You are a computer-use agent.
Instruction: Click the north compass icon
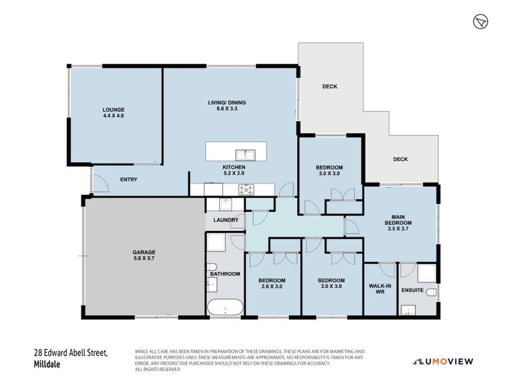[x=481, y=22]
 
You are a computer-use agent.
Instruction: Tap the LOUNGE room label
[x=113, y=110]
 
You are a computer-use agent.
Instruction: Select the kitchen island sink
[x=245, y=155]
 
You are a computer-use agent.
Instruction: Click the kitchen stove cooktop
[x=245, y=189]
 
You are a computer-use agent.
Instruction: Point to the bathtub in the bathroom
[x=225, y=307]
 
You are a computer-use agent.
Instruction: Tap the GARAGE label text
[x=144, y=252]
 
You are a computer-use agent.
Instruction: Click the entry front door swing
[x=100, y=184]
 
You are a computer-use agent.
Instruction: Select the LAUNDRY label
[x=226, y=220]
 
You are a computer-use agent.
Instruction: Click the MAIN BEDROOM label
[x=398, y=220]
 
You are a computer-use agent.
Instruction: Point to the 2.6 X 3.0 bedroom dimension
[x=272, y=286]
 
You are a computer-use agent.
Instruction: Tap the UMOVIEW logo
[x=444, y=361]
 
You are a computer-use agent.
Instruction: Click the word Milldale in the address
[x=47, y=364]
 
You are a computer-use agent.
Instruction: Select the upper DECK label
[x=329, y=87]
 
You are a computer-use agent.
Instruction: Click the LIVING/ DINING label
[x=227, y=103]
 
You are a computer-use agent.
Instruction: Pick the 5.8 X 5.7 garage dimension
[x=144, y=259]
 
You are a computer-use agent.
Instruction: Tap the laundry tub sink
[x=226, y=205]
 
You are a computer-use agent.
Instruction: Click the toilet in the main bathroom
[x=212, y=268]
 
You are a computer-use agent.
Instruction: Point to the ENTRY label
[x=129, y=180]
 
